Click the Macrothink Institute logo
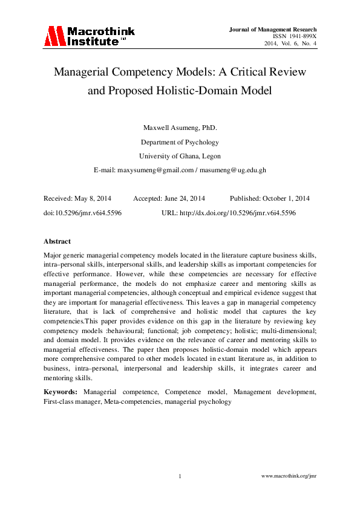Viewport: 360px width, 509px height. [89, 36]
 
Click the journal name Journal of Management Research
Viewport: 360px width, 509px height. [273, 29]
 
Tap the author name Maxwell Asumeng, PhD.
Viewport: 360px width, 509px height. [180, 128]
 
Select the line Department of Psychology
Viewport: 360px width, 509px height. [180, 142]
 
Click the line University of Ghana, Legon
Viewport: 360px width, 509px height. [180, 156]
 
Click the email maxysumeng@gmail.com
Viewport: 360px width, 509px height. [155, 170]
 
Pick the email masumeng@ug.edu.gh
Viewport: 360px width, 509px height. [234, 170]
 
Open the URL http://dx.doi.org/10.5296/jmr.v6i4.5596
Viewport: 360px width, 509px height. [237, 213]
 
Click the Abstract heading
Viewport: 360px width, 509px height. [57, 241]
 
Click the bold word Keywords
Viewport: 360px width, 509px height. [60, 392]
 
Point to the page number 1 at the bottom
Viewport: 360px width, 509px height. [180, 476]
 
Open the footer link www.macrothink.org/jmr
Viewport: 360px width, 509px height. [289, 476]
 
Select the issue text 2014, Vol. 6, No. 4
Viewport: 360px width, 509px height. [290, 44]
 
